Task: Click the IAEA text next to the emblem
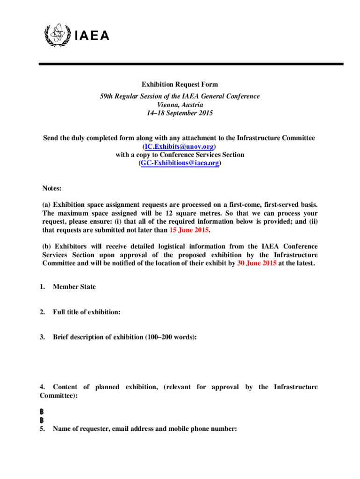tap(91, 36)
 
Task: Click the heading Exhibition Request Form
tap(180, 85)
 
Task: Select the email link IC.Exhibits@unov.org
tap(180, 146)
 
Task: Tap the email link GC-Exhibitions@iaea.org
tap(180, 163)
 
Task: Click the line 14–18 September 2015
tap(180, 113)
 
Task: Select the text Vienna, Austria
tap(180, 105)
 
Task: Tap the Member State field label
tap(74, 287)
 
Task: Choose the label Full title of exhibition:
tap(87, 312)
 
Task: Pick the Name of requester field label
tap(145, 429)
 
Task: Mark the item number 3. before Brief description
tap(43, 336)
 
